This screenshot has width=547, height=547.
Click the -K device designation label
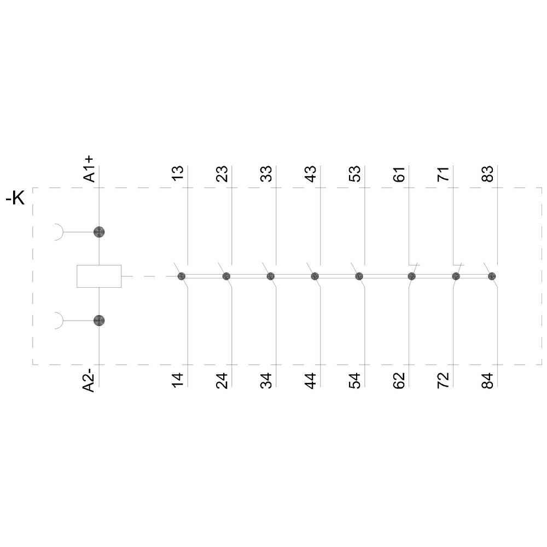[x=15, y=199]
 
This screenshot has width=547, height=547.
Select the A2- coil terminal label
[x=89, y=379]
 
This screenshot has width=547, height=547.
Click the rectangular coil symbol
[x=99, y=276]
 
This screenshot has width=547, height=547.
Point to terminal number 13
[x=178, y=173]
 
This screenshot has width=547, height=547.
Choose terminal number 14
[x=178, y=380]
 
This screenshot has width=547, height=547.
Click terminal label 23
[x=222, y=173]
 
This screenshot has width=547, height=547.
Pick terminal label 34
[x=266, y=380]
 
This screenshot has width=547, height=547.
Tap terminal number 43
[x=311, y=173]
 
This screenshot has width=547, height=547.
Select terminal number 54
[x=355, y=380]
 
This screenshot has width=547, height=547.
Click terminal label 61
[x=399, y=173]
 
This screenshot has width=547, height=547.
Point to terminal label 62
[x=399, y=380]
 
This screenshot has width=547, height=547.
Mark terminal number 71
[x=444, y=173]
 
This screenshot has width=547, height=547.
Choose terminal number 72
[x=444, y=380]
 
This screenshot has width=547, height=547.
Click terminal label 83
[x=488, y=173]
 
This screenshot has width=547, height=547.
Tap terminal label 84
[x=488, y=380]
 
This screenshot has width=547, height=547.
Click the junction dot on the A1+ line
[x=99, y=232]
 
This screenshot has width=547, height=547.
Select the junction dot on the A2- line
[x=99, y=321]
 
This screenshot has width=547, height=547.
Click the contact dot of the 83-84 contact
[x=492, y=276]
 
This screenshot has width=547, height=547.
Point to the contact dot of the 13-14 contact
[x=182, y=276]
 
